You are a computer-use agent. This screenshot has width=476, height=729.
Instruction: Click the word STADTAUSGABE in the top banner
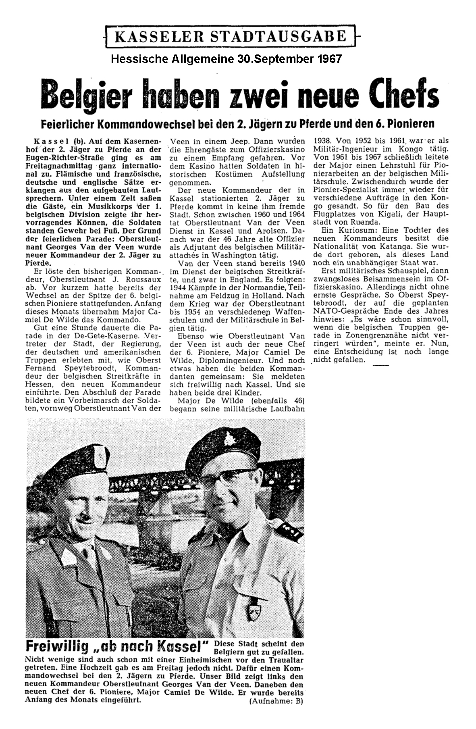point(282,37)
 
